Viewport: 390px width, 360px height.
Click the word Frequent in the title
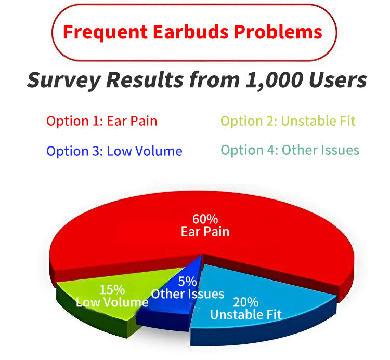[x=106, y=32]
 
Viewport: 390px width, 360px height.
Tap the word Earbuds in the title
[x=191, y=32]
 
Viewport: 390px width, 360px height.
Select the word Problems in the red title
[x=278, y=32]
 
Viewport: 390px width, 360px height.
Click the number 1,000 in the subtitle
[x=275, y=80]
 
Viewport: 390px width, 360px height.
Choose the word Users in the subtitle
[x=338, y=80]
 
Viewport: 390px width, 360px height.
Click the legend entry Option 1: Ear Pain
[x=102, y=121]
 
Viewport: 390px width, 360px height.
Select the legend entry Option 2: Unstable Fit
[x=288, y=121]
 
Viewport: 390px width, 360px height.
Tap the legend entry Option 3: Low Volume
[x=114, y=151]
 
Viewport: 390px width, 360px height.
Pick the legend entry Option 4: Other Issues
[x=290, y=150]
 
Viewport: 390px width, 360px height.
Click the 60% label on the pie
[x=205, y=219]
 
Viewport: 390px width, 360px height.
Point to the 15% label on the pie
[x=112, y=290]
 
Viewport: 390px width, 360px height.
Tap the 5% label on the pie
[x=188, y=282]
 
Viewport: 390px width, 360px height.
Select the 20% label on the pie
[x=246, y=302]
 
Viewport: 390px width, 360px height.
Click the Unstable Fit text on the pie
[x=246, y=314]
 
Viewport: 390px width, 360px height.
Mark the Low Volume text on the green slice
[x=112, y=302]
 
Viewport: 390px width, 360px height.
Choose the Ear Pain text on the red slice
[x=205, y=232]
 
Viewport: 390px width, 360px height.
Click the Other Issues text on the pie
[x=188, y=294]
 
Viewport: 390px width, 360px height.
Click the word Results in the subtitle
[x=145, y=80]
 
